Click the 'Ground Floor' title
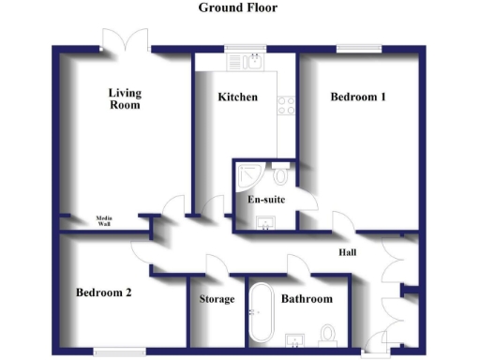[x=237, y=7]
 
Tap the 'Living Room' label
[x=124, y=98]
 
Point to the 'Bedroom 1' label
[x=358, y=97]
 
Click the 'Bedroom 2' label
[x=103, y=292]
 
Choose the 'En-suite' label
[x=265, y=200]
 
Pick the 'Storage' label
[x=217, y=300]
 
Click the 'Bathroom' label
[x=307, y=300]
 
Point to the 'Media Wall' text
[x=104, y=222]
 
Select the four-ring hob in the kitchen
[x=287, y=105]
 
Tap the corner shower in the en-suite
[x=249, y=174]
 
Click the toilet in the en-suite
[x=281, y=176]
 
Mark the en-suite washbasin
[x=265, y=222]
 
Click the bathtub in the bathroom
[x=260, y=315]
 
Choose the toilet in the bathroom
[x=328, y=335]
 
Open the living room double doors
[x=126, y=39]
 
